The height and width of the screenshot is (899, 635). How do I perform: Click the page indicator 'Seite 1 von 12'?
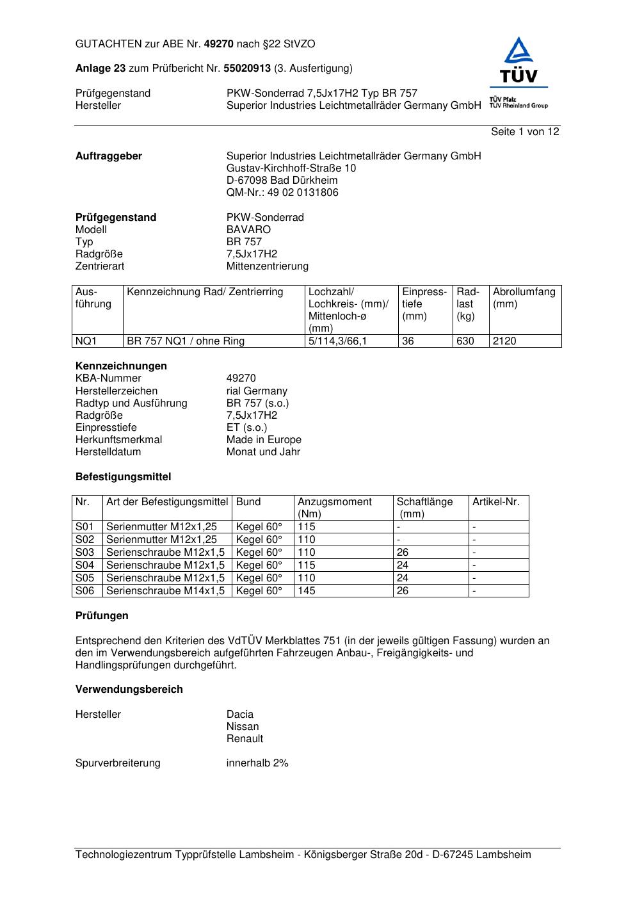pyautogui.click(x=525, y=132)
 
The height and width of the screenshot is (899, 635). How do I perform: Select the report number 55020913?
pyautogui.click(x=247, y=69)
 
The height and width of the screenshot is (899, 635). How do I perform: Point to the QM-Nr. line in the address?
pyautogui.click(x=282, y=193)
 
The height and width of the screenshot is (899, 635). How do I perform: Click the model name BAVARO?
pyautogui.click(x=248, y=230)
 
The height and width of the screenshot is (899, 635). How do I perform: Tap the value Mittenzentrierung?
pyautogui.click(x=267, y=266)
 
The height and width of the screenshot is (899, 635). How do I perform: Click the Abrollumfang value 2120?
pyautogui.click(x=504, y=341)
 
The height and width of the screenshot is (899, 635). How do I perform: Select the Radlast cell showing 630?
pyautogui.click(x=465, y=341)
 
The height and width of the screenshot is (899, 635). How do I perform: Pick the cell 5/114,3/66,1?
pyautogui.click(x=338, y=341)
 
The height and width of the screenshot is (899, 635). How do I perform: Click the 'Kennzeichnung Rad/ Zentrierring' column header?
pyautogui.click(x=205, y=293)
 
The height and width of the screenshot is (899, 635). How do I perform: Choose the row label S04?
pyautogui.click(x=85, y=565)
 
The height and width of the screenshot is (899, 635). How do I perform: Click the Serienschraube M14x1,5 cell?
pyautogui.click(x=165, y=591)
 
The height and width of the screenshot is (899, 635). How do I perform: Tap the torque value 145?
pyautogui.click(x=307, y=591)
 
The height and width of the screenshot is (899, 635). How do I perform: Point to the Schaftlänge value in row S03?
pyautogui.click(x=403, y=553)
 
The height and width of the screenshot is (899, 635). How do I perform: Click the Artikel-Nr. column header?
pyautogui.click(x=496, y=502)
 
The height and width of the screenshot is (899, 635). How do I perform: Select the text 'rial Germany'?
pyautogui.click(x=257, y=391)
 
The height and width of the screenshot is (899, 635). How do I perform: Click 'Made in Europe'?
pyautogui.click(x=264, y=440)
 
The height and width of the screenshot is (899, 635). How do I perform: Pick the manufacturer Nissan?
pyautogui.click(x=243, y=727)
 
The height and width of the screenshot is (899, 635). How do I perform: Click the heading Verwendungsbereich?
pyautogui.click(x=129, y=690)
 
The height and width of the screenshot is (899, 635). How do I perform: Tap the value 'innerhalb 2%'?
pyautogui.click(x=257, y=763)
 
